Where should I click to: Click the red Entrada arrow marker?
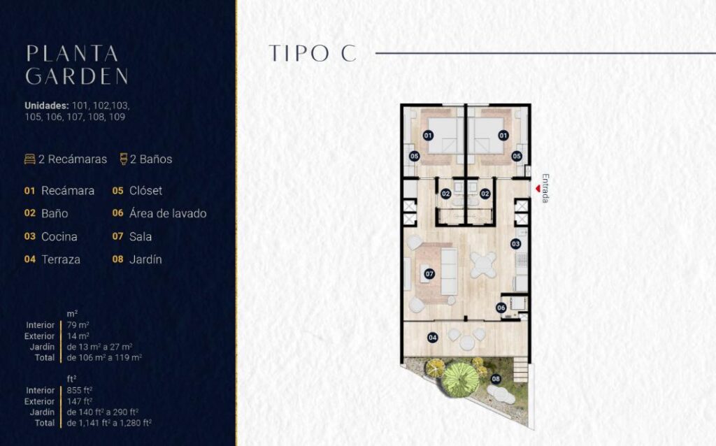click(538, 188)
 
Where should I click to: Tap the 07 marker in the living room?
click(429, 274)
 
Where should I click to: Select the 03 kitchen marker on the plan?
click(515, 244)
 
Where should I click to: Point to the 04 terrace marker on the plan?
click(432, 338)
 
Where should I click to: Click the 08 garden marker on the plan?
click(496, 379)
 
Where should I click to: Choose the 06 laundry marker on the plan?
click(501, 308)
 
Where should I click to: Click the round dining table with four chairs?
click(483, 265)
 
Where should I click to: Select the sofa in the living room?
click(449, 272)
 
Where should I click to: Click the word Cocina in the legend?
click(59, 236)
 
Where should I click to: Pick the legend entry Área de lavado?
click(168, 213)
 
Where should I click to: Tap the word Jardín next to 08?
click(145, 259)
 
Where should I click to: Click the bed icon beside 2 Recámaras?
click(29, 159)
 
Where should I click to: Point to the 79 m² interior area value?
click(78, 325)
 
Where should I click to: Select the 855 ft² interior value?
click(80, 390)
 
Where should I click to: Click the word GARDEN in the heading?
click(77, 76)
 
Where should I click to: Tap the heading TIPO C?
click(313, 53)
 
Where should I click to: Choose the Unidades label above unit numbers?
click(47, 106)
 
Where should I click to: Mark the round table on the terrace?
click(467, 343)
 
